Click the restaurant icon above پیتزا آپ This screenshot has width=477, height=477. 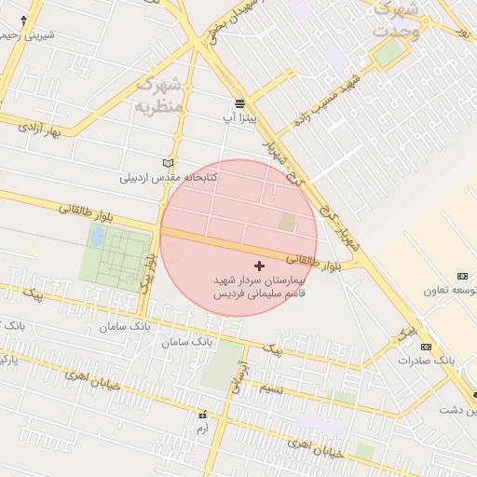coord(240,102)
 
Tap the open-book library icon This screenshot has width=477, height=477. coord(168,162)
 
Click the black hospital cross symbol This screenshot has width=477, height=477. coord(259,266)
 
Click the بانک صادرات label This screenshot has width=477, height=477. coord(426,360)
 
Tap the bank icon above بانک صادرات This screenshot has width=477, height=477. coord(426,347)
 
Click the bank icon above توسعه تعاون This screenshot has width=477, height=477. coord(463,276)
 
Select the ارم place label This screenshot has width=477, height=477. coord(202,428)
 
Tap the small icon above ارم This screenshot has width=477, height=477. coord(202,415)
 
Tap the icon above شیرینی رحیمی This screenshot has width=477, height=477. coord(23,19)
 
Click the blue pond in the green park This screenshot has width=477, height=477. coord(96,236)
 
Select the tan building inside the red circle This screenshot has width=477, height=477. coord(287,223)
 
